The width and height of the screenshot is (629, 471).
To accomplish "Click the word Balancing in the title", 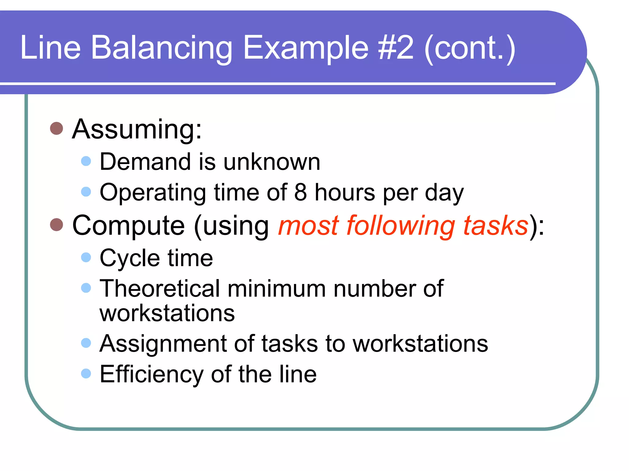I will tap(162, 48).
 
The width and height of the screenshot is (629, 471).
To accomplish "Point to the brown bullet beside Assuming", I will tap(57, 128).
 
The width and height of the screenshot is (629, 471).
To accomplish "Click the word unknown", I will tap(272, 162).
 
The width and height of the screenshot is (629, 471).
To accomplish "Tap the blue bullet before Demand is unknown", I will tap(86, 161).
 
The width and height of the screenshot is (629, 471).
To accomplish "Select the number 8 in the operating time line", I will tap(301, 192).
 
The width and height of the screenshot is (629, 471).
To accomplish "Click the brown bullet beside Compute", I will tap(57, 224).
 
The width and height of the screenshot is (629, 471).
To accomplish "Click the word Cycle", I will tap(130, 258).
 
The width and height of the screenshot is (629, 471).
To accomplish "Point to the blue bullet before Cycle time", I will tap(86, 257).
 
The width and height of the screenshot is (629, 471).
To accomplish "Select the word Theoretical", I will tap(160, 289).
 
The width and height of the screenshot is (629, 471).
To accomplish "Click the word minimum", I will tap(276, 289).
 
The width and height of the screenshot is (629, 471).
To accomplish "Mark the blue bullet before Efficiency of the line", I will tap(86, 373).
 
